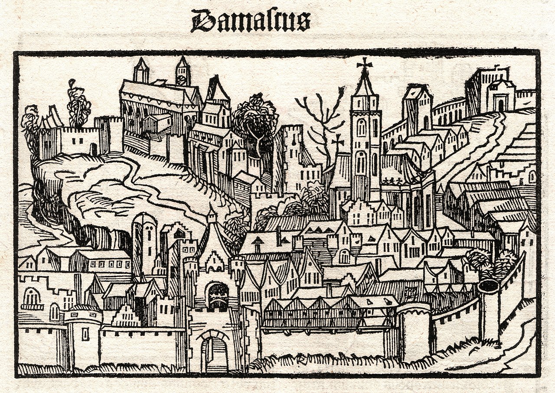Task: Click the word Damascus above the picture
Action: (250, 20)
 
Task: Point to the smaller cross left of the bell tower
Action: (337, 141)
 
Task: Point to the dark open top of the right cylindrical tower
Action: (489, 286)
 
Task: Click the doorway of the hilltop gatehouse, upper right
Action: (501, 105)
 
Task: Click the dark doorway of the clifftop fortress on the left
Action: (94, 149)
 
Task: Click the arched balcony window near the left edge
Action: (32, 298)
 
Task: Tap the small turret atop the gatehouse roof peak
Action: (211, 216)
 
